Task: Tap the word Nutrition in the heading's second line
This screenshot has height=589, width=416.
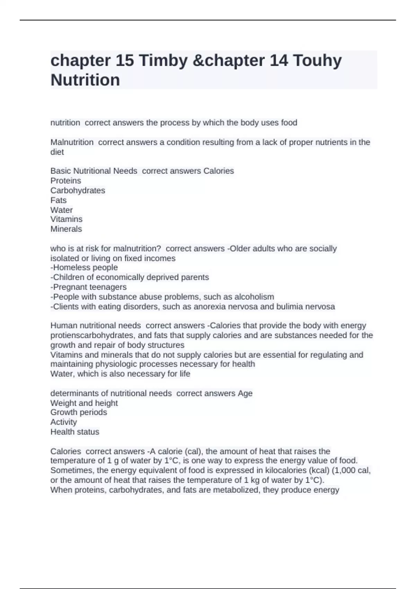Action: pyautogui.click(x=85, y=80)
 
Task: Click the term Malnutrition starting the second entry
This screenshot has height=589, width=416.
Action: pyautogui.click(x=72, y=142)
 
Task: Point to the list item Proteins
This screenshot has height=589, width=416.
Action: pyautogui.click(x=66, y=181)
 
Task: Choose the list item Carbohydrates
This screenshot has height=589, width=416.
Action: pyautogui.click(x=78, y=191)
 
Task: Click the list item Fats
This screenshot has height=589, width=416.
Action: pyautogui.click(x=59, y=200)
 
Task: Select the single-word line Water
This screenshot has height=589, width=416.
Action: pyautogui.click(x=61, y=210)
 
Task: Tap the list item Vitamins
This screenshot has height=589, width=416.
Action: pyautogui.click(x=67, y=219)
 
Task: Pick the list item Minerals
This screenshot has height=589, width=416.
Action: pyautogui.click(x=66, y=229)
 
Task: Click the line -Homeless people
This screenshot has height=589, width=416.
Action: pyautogui.click(x=84, y=267)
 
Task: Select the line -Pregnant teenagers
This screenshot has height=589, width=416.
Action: pyautogui.click(x=88, y=287)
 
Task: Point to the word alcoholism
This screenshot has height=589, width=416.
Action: pyautogui.click(x=254, y=297)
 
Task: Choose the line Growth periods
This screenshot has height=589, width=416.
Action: pyautogui.click(x=79, y=412)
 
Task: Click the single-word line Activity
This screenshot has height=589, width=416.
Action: pyautogui.click(x=64, y=422)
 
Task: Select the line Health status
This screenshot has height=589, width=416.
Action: pyautogui.click(x=75, y=432)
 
